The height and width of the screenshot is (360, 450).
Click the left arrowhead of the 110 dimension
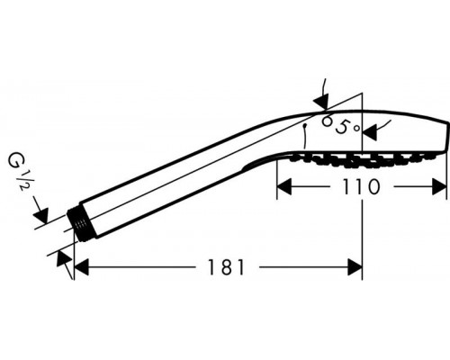[x=283, y=186]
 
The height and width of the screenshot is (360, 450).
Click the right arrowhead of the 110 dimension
[x=440, y=186]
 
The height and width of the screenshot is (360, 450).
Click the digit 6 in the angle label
[x=328, y=121]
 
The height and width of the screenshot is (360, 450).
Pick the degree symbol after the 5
[x=356, y=130]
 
